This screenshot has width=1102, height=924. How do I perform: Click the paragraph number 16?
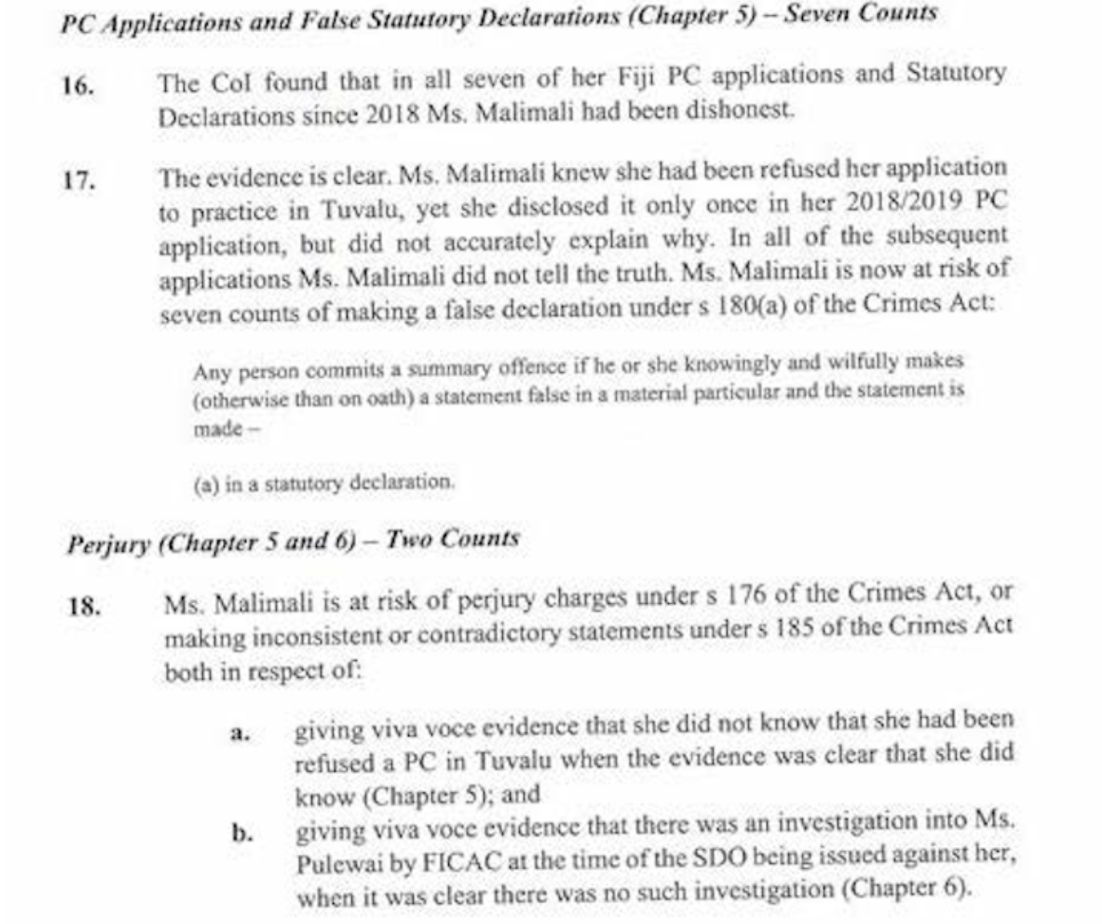coord(79,86)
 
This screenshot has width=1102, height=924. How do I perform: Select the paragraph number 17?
coord(79,180)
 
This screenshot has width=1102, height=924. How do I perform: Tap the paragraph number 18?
coord(84,606)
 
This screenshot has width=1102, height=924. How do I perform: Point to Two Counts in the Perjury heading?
coord(453,538)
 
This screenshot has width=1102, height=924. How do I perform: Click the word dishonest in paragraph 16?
coord(742,109)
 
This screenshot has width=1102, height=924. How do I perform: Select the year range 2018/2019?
coord(905,201)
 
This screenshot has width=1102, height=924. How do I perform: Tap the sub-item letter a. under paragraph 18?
coord(240,732)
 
